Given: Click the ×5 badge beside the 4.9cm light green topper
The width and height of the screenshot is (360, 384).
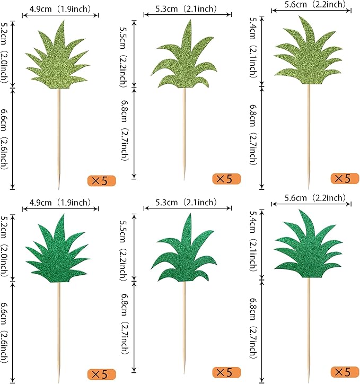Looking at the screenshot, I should pyautogui.click(x=100, y=181).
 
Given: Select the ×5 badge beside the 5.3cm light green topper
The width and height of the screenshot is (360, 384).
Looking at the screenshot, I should pyautogui.click(x=226, y=179).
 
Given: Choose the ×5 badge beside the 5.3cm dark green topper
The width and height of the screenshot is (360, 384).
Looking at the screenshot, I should pyautogui.click(x=226, y=372).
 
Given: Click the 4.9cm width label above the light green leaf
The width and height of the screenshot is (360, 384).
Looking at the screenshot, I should pyautogui.click(x=60, y=9).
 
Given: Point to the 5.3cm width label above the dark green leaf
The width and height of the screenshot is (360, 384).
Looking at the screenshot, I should pyautogui.click(x=186, y=202).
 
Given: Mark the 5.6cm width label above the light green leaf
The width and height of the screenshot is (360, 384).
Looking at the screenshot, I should pyautogui.click(x=310, y=5).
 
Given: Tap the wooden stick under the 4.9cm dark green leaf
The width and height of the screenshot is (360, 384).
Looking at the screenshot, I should pyautogui.click(x=59, y=329).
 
